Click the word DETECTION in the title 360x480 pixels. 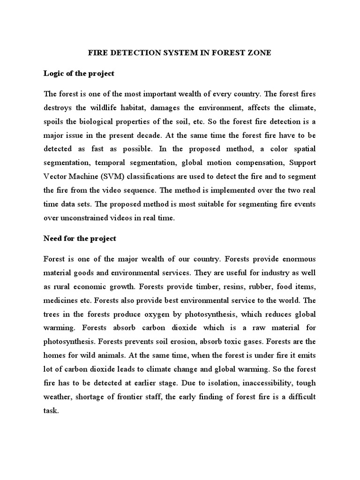[132, 53]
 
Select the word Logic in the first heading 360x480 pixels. [53, 74]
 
